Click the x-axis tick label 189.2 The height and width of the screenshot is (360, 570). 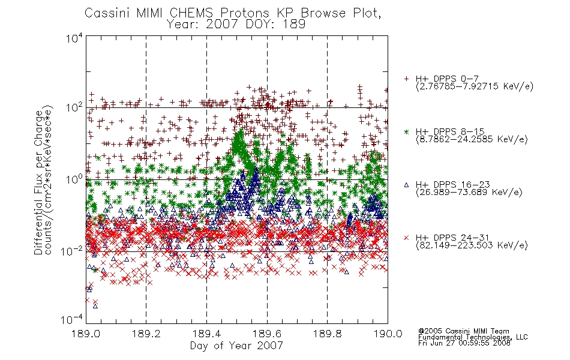146,334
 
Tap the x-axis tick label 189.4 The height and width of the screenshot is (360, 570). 206,334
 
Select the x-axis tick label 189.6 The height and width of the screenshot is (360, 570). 267,334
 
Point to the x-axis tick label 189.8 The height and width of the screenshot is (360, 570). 327,334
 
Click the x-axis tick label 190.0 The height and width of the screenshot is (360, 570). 388,334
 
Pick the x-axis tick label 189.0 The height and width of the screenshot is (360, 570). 86,334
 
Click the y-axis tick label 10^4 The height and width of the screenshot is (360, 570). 74,38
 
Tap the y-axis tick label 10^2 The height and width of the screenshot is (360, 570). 74,107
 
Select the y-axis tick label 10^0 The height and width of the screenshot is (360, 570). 74,179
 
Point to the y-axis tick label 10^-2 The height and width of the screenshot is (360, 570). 72,251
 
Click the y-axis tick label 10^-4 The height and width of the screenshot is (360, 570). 72,320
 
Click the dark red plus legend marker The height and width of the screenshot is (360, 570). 407,79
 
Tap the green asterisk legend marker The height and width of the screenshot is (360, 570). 407,131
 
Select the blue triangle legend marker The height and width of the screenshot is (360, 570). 407,185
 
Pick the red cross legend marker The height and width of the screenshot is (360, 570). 407,238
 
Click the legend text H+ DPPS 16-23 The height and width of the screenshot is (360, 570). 453,185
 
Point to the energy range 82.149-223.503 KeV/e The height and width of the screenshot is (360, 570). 472,245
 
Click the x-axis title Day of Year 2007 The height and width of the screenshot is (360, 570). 236,346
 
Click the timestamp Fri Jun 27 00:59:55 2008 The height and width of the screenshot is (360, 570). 464,343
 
